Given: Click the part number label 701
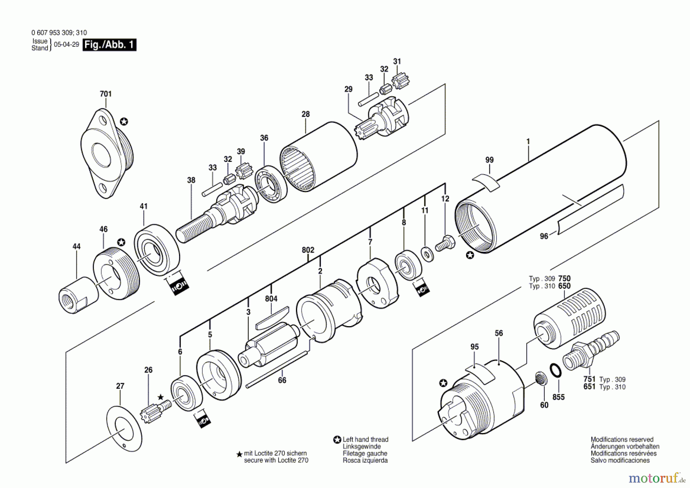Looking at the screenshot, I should (105, 94).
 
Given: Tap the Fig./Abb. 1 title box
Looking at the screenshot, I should (109, 45).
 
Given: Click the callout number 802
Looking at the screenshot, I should (308, 250).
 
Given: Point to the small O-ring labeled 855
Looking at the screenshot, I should (555, 371).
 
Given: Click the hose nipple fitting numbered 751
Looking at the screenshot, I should (590, 349).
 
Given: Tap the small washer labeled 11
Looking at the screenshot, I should (427, 254).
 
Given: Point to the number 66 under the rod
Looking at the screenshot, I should (282, 380).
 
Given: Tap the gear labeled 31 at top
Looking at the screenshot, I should (401, 81).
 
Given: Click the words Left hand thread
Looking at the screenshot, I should (365, 440).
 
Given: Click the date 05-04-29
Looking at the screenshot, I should (66, 45).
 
